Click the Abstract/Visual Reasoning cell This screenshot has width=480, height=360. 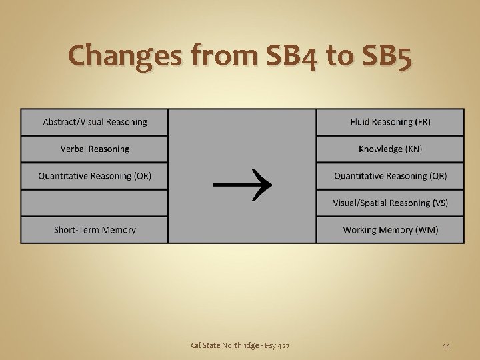pos(95,122)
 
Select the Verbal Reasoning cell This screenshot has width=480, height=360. pos(95,149)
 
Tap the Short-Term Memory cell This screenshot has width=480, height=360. pos(95,230)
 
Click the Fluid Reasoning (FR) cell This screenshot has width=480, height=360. pos(390,122)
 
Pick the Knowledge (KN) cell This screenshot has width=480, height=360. pos(390,149)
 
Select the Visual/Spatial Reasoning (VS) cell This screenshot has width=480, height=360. pos(390,203)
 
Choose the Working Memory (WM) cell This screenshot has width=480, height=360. pos(390,230)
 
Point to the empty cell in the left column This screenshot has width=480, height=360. pos(95,203)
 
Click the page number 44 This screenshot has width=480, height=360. pos(446,345)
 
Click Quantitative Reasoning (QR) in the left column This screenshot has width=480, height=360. pos(95,176)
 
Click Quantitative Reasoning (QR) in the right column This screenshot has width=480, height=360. pos(390,176)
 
